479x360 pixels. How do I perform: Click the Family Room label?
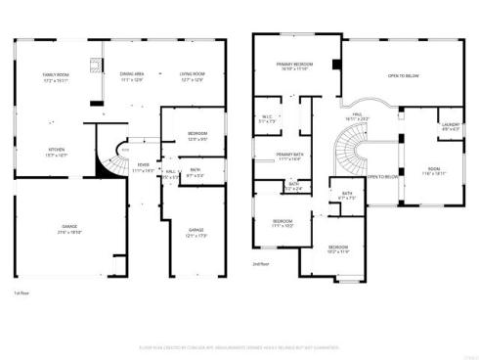click(54, 76)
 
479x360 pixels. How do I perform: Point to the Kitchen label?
click(57, 152)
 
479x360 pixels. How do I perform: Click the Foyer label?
click(143, 167)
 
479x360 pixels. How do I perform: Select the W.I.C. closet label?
click(267, 119)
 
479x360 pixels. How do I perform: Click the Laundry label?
click(451, 126)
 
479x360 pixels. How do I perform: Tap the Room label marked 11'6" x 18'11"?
click(434, 172)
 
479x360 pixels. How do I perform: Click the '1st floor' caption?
click(22, 292)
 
